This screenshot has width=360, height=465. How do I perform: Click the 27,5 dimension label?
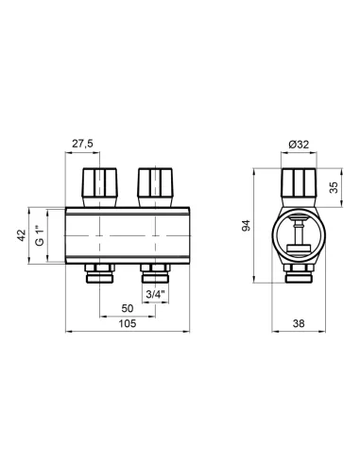82,144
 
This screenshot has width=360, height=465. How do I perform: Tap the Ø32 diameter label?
299,145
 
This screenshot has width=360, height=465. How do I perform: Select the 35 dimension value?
334,187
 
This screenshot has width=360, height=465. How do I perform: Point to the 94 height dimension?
247,226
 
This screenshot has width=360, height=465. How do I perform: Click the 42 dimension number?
21,235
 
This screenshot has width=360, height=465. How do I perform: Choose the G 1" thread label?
40,235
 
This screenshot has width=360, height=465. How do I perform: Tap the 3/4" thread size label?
155,295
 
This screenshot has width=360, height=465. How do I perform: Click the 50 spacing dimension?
128,308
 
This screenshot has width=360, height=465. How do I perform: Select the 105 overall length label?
128,323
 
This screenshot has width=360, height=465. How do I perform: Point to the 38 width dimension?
299,323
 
